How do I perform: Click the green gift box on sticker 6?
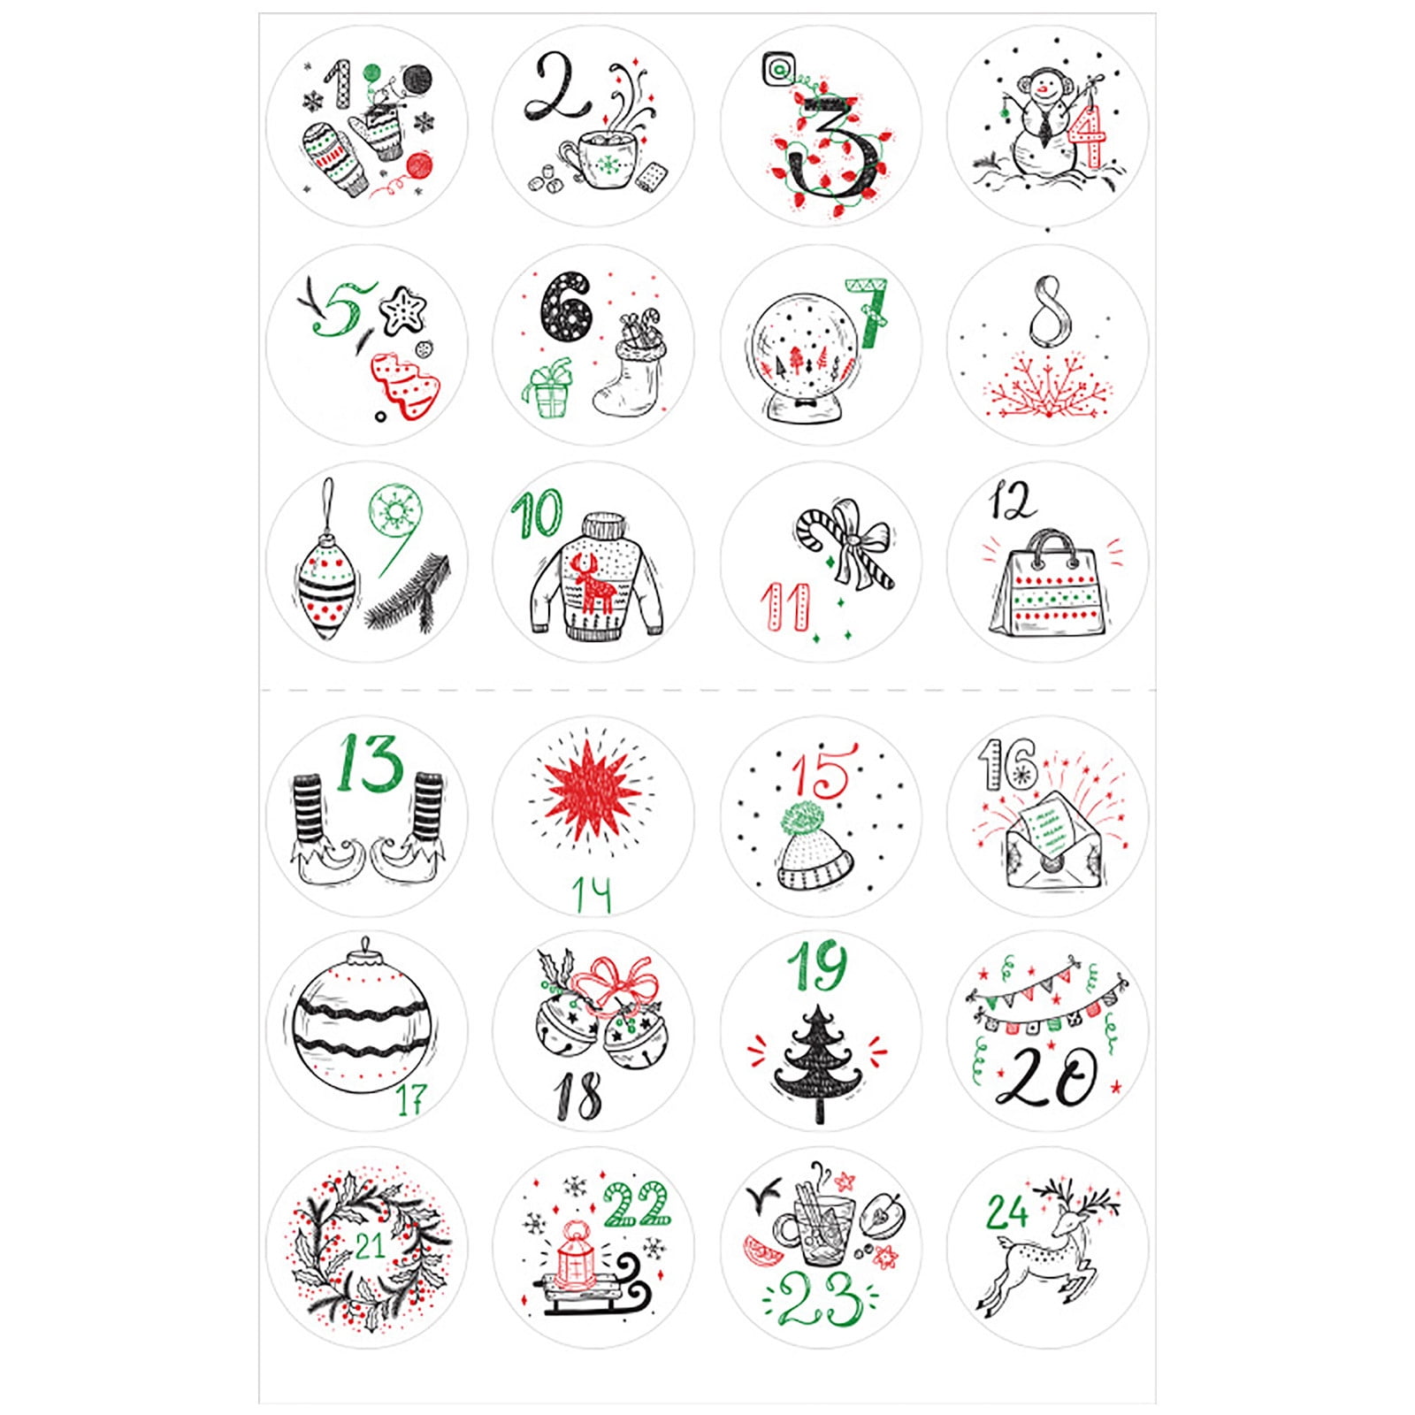pos(548,390)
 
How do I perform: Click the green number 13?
pos(369,764)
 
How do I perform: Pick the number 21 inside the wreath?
pos(370,1246)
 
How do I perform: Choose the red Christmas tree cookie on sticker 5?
pos(405,385)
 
